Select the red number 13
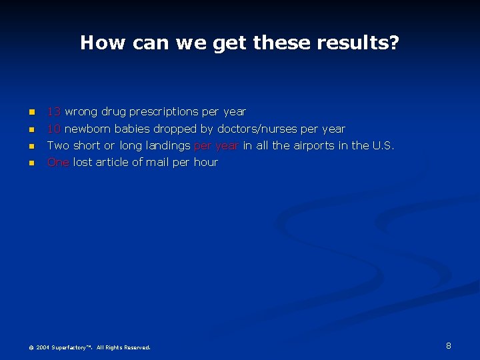click(54, 112)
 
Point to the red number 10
click(54, 129)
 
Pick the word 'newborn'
click(89, 129)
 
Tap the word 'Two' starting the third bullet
click(58, 145)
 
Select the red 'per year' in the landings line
click(216, 145)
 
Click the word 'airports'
click(315, 145)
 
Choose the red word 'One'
click(58, 162)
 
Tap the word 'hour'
click(205, 162)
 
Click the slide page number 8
click(449, 345)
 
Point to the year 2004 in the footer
click(43, 347)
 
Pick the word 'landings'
click(168, 145)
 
